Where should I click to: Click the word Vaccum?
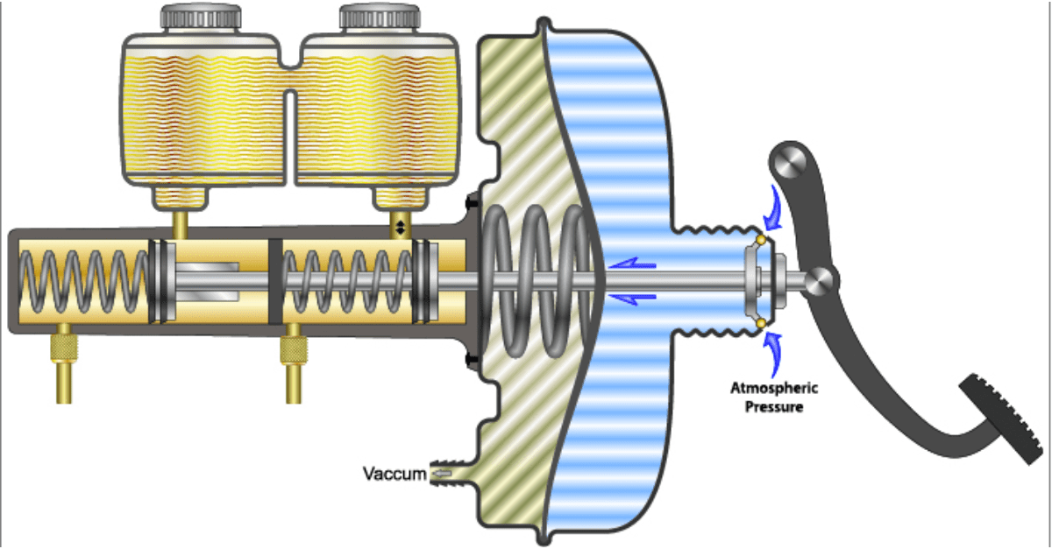tap(394, 475)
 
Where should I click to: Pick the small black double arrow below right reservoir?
tap(401, 227)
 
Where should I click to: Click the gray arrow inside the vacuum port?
tap(442, 474)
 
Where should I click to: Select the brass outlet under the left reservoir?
tap(181, 224)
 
